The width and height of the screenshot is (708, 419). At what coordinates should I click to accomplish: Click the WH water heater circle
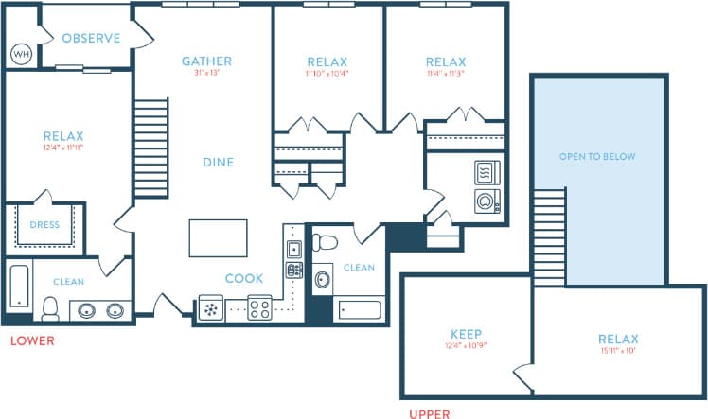coord(21,54)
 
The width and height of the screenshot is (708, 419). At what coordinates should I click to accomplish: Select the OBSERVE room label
coord(91,39)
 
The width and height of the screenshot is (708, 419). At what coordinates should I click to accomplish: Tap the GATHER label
coord(206,61)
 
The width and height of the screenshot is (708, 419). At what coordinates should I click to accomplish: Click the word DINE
coord(218,163)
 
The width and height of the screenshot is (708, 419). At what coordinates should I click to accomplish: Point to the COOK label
coord(243,278)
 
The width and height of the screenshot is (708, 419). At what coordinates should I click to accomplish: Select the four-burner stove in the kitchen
coord(259,307)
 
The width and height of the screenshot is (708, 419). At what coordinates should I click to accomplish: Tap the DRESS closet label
coord(44,225)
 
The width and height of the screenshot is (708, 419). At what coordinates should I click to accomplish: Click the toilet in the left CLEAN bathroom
coord(50,307)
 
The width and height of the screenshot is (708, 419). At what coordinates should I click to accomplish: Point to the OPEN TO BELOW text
coord(597,157)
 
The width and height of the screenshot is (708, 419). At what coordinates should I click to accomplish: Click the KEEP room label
coord(465,335)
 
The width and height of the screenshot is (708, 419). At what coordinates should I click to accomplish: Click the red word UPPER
coord(429,413)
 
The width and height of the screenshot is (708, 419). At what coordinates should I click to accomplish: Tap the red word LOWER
coord(32,340)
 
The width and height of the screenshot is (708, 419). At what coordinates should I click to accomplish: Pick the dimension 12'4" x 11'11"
coord(63,148)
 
